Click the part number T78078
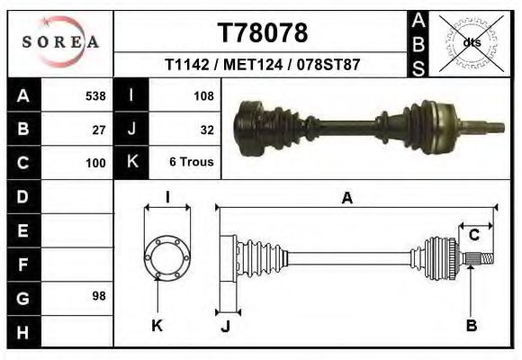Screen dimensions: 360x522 [262, 33]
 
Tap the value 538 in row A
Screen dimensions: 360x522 [95, 95]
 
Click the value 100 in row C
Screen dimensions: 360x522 [95, 164]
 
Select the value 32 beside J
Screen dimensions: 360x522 [206, 130]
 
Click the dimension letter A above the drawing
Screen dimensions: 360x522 [346, 199]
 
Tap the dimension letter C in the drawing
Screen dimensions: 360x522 [472, 236]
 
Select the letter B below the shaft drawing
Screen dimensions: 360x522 [471, 326]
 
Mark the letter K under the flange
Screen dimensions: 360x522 [157, 326]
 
